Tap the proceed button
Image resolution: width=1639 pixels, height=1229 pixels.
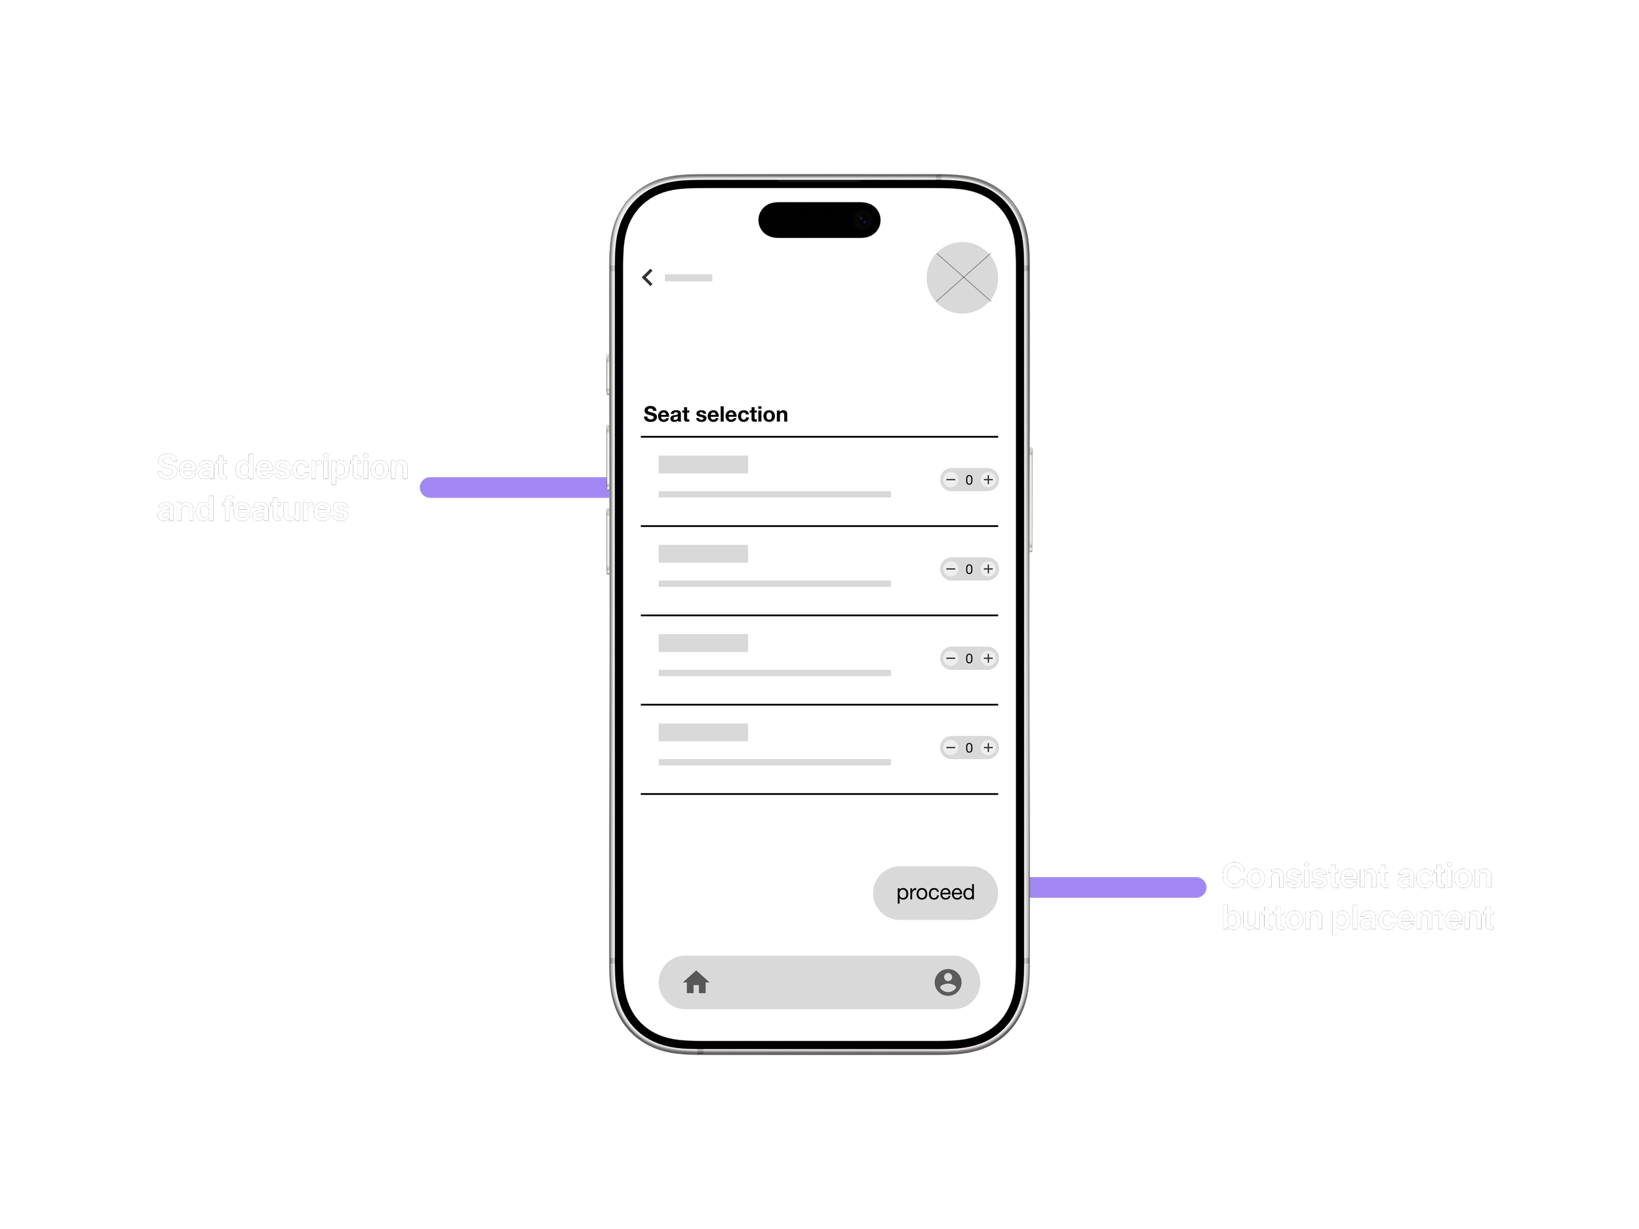(x=935, y=893)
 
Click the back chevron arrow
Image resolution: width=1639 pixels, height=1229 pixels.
(x=648, y=277)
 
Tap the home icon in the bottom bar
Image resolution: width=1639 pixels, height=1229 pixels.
(x=696, y=983)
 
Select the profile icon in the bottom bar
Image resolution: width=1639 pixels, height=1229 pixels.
(x=948, y=983)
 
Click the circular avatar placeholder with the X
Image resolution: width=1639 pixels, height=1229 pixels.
(x=962, y=278)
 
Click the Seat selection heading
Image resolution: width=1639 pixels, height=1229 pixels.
(x=715, y=414)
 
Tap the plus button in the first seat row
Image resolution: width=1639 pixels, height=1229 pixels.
(x=988, y=480)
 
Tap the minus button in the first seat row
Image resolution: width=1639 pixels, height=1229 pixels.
(x=951, y=480)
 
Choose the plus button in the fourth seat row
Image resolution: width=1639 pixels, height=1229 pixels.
(x=988, y=747)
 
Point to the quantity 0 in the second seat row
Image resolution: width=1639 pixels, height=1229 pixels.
(x=968, y=570)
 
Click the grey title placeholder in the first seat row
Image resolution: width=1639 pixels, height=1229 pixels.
(x=702, y=465)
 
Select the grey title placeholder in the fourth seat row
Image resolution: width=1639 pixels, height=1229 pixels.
(x=702, y=732)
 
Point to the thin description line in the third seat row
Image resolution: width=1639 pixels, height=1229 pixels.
(x=774, y=673)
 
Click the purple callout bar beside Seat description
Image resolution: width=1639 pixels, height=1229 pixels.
(x=514, y=488)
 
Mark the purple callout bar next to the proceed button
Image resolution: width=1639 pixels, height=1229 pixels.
(x=1117, y=887)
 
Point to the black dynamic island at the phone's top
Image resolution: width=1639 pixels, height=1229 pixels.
(x=819, y=220)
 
